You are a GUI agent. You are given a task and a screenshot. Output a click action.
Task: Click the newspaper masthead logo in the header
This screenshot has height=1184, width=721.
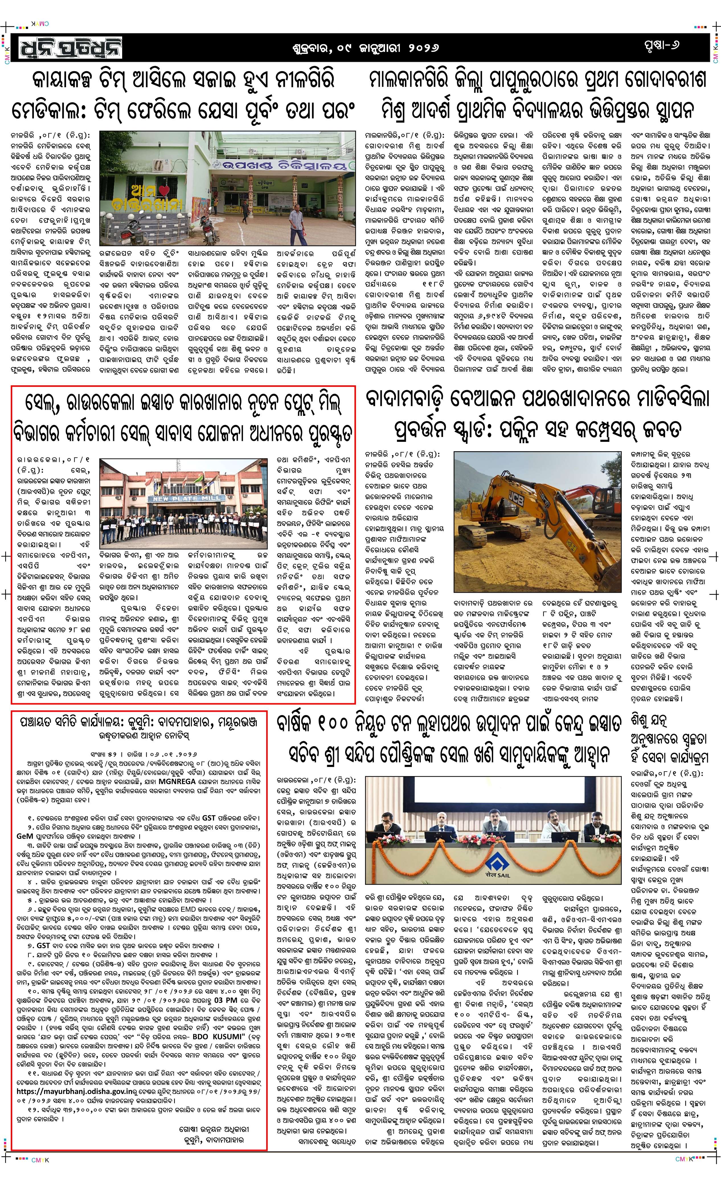pyautogui.click(x=71, y=48)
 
